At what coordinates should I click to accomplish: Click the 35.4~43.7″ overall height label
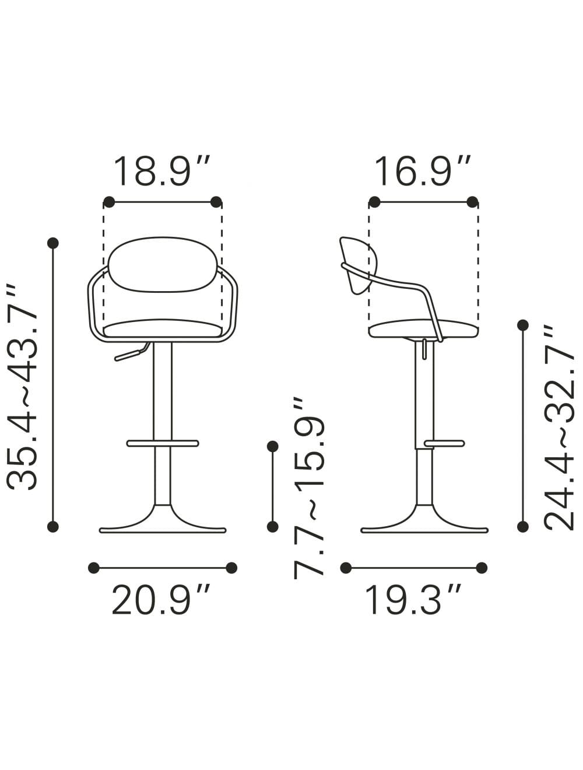[22, 387]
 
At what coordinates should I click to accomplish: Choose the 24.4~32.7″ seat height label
[559, 428]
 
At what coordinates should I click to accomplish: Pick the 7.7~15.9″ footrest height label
[308, 488]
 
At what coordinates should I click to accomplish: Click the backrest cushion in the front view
[161, 264]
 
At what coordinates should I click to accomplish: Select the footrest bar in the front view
[163, 443]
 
